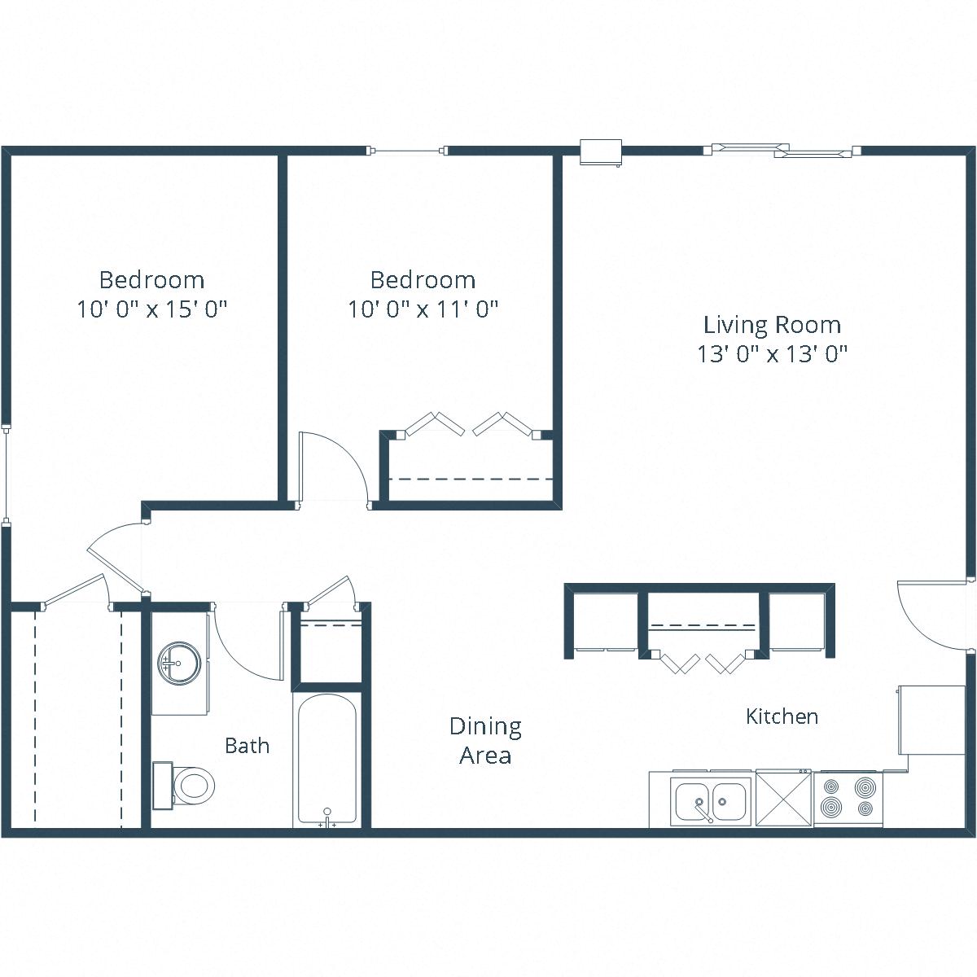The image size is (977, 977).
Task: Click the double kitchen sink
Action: pos(711,800)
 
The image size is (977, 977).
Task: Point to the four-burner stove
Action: pos(848,798)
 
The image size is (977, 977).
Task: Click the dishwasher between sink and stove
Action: pos(784,799)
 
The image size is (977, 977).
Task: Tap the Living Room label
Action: pos(772,325)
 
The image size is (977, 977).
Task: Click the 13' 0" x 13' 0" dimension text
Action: pos(772,354)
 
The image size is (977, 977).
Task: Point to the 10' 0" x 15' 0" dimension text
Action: pos(151,309)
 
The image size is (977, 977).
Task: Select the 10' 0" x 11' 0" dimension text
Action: pos(423,309)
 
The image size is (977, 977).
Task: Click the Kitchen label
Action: pos(782,716)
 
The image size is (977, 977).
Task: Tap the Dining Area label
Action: pos(485,740)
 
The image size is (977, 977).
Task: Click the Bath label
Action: pos(247,745)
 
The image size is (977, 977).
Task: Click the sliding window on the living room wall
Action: pos(782,151)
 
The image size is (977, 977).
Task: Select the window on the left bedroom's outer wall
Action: pos(6,472)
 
